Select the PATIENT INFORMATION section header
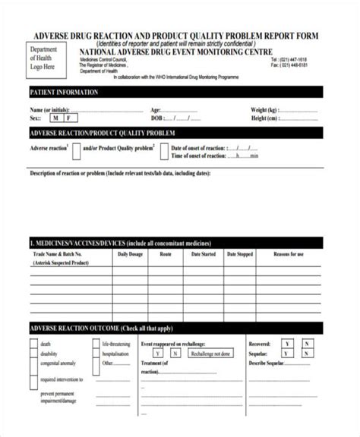click(64, 92)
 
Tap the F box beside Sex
click(70, 118)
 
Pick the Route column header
click(166, 254)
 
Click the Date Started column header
click(202, 254)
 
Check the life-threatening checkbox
click(96, 344)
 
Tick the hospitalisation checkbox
click(96, 353)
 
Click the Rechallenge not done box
click(211, 353)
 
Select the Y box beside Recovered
click(286, 344)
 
